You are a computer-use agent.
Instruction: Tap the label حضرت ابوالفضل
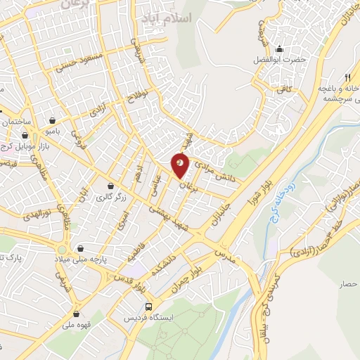[x=280, y=60]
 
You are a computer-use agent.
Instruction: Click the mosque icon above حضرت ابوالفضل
[x=280, y=49]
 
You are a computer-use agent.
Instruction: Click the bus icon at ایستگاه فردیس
[x=148, y=307]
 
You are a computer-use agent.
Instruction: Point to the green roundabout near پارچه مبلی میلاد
[x=63, y=249]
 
